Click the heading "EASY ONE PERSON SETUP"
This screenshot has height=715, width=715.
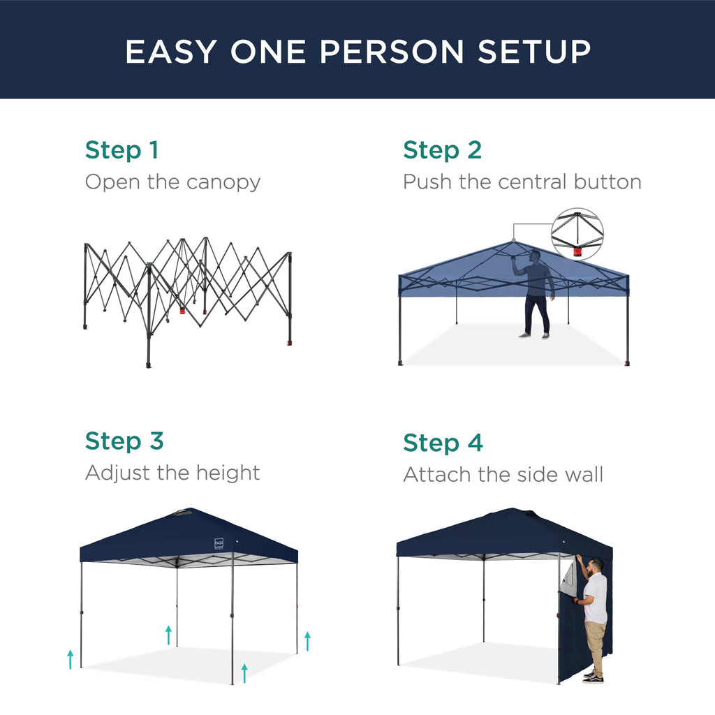(x=357, y=52)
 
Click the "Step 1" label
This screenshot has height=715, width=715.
(x=121, y=150)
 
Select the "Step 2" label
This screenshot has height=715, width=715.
(x=442, y=150)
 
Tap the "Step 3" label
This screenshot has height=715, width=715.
(x=124, y=441)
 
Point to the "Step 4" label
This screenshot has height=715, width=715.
(x=443, y=443)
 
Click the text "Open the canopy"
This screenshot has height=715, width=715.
(x=172, y=182)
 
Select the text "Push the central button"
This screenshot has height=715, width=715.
(x=522, y=182)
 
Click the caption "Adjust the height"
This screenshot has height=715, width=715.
(x=172, y=473)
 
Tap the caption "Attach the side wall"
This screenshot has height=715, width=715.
(x=503, y=475)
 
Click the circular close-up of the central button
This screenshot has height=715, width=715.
(x=577, y=235)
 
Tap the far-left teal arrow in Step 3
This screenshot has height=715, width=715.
(x=70, y=658)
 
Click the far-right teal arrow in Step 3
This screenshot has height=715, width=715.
(x=307, y=640)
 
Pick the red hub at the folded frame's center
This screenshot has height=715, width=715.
(x=182, y=309)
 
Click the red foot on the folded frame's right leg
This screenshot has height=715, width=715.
(x=289, y=343)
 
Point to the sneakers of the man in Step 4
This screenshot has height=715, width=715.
(x=593, y=677)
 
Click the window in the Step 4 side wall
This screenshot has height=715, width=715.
(x=569, y=579)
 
